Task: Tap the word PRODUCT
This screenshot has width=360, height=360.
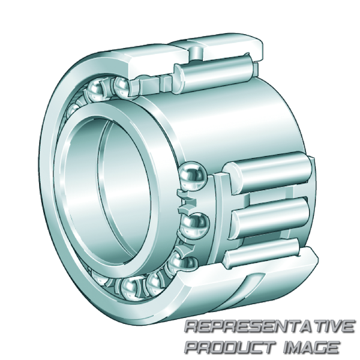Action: pyautogui.click(x=231, y=347)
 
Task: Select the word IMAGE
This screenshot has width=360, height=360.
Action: pyautogui.click(x=311, y=347)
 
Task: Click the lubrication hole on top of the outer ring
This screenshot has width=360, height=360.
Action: pyautogui.click(x=196, y=52)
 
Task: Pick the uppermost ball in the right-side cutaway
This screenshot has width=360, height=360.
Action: pyautogui.click(x=193, y=176)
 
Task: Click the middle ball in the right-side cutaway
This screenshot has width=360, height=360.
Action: pyautogui.click(x=195, y=227)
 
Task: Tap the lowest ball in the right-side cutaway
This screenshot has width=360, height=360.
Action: pyautogui.click(x=184, y=263)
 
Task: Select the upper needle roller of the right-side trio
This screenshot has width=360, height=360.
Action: pyautogui.click(x=269, y=173)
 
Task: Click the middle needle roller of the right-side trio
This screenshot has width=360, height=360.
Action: pyautogui.click(x=271, y=219)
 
